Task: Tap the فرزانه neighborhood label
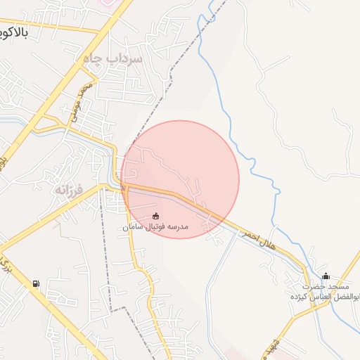click(70, 190)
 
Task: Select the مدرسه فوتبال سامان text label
click(155, 227)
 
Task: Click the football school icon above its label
click(156, 215)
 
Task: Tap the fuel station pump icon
click(35, 284)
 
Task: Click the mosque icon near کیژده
click(325, 276)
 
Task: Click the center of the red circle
click(180, 179)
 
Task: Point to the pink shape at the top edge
click(106, 3)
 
